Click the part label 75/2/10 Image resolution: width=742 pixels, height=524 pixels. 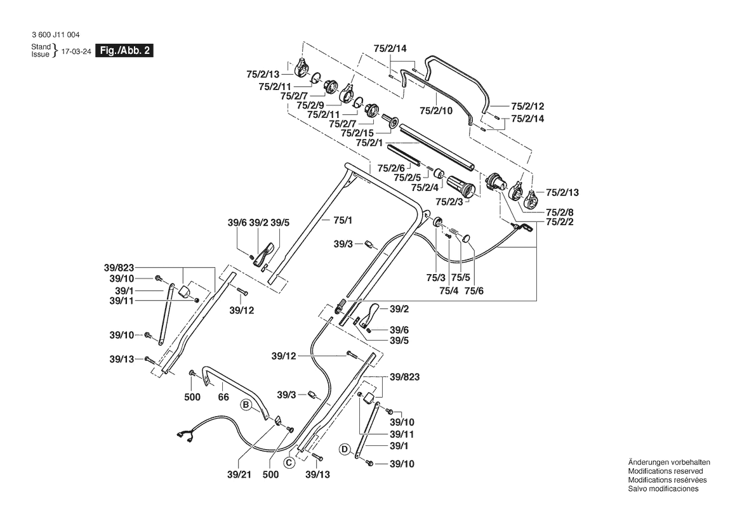436,110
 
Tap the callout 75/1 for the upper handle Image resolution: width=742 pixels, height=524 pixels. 341,219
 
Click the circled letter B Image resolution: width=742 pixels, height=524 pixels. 245,403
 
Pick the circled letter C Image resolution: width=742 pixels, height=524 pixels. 288,462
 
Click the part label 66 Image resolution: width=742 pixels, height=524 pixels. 223,397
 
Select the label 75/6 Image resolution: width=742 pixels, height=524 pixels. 474,290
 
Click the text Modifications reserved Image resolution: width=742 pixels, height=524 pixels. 665,471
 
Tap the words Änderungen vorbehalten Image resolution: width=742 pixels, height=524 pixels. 668,462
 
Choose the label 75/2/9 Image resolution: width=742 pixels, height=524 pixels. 310,105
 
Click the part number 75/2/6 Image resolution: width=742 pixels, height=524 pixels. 392,167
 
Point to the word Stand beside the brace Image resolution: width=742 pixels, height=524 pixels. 41,48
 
